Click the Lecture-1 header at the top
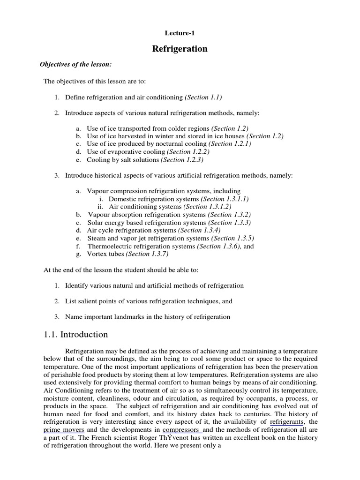[180, 33]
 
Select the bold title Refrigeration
[180, 49]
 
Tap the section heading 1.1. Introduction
[76, 335]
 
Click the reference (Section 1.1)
[203, 97]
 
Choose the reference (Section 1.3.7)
[147, 254]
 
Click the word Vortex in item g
[97, 254]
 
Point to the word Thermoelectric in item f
[110, 246]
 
